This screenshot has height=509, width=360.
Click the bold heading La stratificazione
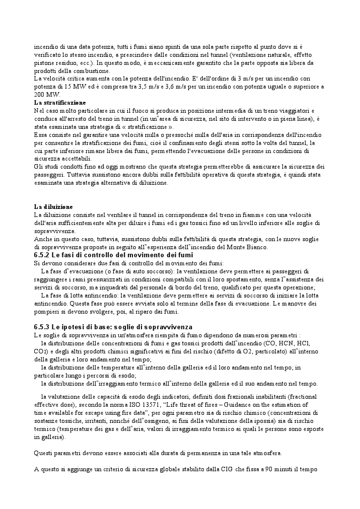pyautogui.click(x=59, y=103)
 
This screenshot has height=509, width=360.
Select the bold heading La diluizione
pyautogui.click(x=53, y=206)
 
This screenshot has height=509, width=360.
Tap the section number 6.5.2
pyautogui.click(x=44, y=255)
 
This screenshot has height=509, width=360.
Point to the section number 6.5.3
pyautogui.click(x=44, y=327)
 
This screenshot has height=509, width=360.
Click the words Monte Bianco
pyautogui.click(x=247, y=247)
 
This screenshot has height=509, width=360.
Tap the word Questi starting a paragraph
pyautogui.click(x=44, y=453)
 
